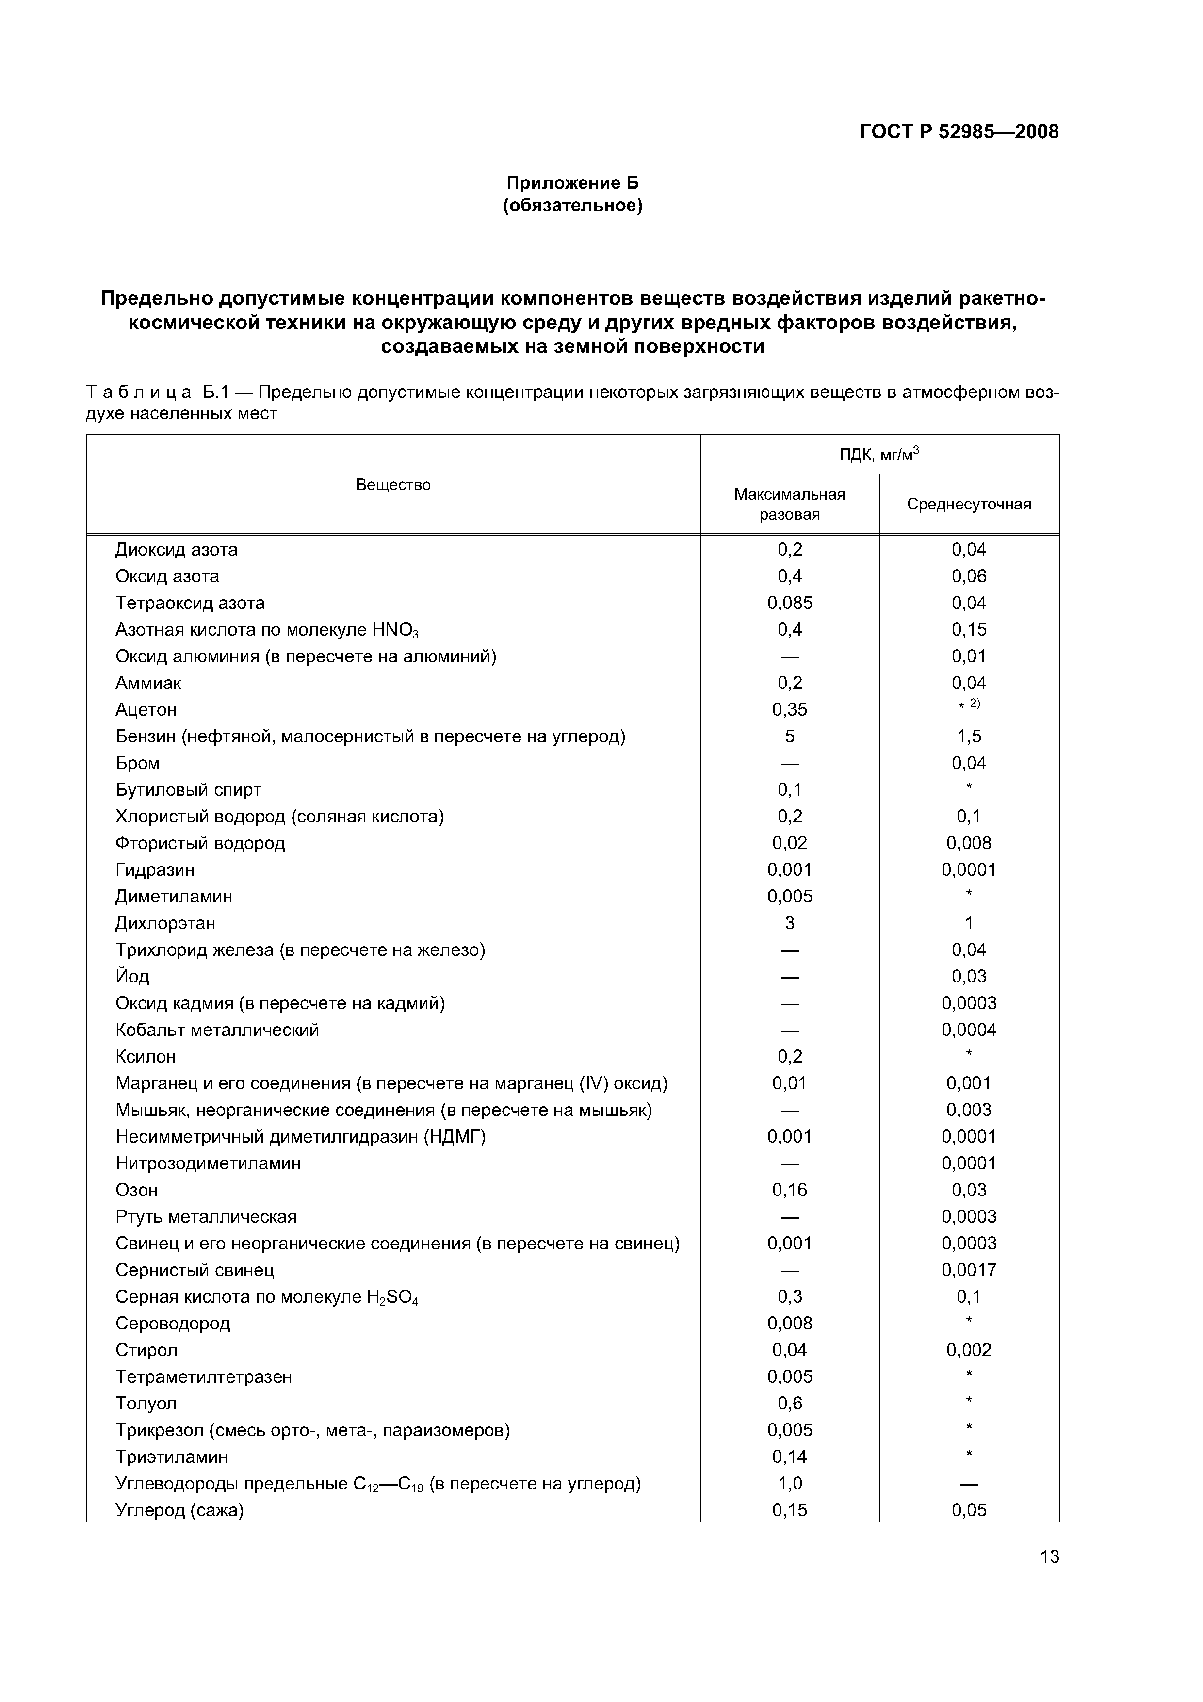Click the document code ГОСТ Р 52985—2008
[x=959, y=132]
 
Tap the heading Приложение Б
[x=572, y=182]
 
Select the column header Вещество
[x=393, y=485]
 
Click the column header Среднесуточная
[x=969, y=504]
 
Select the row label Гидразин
[x=155, y=869]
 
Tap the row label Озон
[x=136, y=1190]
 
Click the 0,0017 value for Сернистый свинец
[x=969, y=1270]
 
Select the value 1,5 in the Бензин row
[x=969, y=736]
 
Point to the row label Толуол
[x=146, y=1403]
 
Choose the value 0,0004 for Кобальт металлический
[x=969, y=1030]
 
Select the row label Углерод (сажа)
[x=179, y=1510]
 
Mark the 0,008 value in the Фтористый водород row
[x=969, y=843]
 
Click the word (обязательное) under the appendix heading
[x=572, y=205]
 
